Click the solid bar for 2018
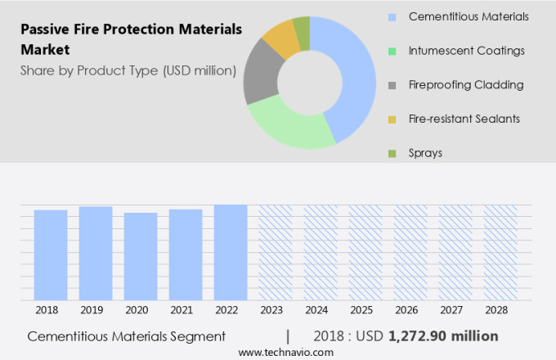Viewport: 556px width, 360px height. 51,255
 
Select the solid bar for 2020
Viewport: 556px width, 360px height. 141,257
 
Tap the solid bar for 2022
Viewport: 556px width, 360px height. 231,253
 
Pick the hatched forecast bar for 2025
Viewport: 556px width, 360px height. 365,253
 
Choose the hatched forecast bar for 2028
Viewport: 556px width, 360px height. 500,253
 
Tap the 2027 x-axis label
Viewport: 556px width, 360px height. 455,310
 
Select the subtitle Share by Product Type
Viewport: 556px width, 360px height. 128,70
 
